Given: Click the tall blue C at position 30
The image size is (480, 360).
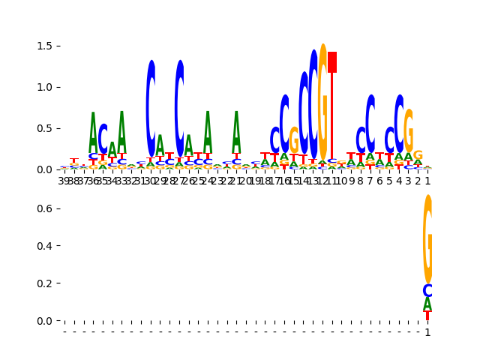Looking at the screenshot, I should point(151,109).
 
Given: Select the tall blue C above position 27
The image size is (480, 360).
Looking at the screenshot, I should point(179,109).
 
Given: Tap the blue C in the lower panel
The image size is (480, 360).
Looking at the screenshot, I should point(427,291).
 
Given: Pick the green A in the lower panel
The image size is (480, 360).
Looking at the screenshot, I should point(427,304).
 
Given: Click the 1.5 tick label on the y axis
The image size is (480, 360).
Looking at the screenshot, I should point(44,46).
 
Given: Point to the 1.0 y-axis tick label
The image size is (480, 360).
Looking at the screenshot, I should point(44,87).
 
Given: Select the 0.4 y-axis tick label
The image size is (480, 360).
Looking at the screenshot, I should point(44,246).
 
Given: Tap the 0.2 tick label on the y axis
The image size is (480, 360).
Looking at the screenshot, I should point(44,283).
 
